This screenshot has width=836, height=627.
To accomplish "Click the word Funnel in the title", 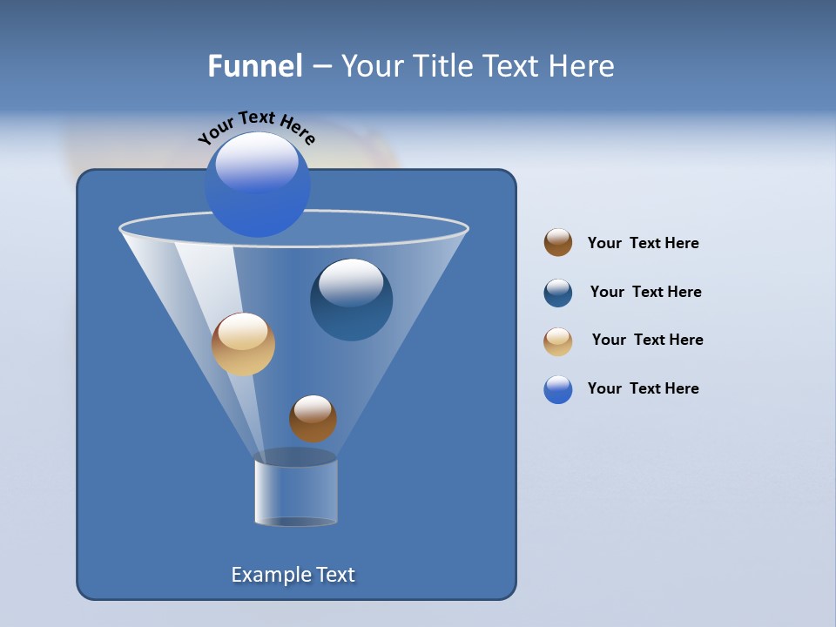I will [254, 65].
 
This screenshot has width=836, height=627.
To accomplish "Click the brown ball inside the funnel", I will [313, 419].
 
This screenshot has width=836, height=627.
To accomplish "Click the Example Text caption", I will [293, 575].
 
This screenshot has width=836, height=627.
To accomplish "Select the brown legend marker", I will [558, 243].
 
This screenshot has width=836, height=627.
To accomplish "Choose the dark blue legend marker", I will [558, 293].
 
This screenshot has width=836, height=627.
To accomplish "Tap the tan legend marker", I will [558, 341].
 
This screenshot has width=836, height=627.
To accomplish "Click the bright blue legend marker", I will [558, 389].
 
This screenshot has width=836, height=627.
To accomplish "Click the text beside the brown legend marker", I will [643, 243].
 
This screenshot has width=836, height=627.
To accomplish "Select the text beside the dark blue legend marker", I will [645, 292].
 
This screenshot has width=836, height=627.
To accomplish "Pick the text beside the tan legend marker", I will [647, 340].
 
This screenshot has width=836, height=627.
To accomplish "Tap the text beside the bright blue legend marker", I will [643, 388].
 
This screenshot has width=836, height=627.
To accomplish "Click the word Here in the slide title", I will [583, 65].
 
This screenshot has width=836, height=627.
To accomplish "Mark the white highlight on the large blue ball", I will [257, 161].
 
